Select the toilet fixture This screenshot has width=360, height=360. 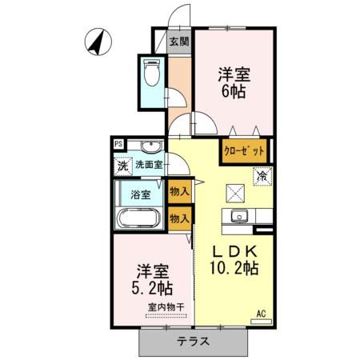pyautogui.click(x=150, y=74)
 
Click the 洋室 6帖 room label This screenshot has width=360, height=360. pyautogui.click(x=234, y=83)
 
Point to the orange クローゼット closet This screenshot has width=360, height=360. pyautogui.click(x=245, y=150)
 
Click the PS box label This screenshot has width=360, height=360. pyautogui.click(x=118, y=145)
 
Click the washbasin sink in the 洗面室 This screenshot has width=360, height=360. pyautogui.click(x=149, y=146)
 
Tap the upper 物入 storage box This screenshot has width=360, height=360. pyautogui.click(x=179, y=192)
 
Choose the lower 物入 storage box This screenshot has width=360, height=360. pyautogui.click(x=179, y=218)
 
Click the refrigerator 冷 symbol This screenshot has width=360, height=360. pyautogui.click(x=262, y=174)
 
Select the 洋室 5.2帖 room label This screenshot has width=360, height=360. pyautogui.click(x=152, y=278)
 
